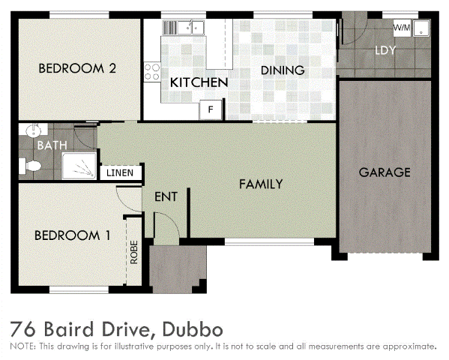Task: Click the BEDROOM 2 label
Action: pyautogui.click(x=77, y=68)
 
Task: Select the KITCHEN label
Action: pyautogui.click(x=199, y=82)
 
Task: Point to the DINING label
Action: pyautogui.click(x=283, y=70)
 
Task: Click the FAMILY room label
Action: pyautogui.click(x=261, y=184)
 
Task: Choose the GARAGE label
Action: pyautogui.click(x=385, y=172)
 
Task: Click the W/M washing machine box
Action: pyautogui.click(x=403, y=28)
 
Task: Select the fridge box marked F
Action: pyautogui.click(x=211, y=110)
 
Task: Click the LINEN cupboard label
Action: pyautogui.click(x=120, y=173)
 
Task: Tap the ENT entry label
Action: pyautogui.click(x=165, y=197)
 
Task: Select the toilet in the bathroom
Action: pyautogui.click(x=32, y=165)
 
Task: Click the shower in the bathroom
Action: pyautogui.click(x=79, y=166)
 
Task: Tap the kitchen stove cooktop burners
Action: pyautogui.click(x=154, y=71)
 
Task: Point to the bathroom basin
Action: pyautogui.click(x=31, y=130)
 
